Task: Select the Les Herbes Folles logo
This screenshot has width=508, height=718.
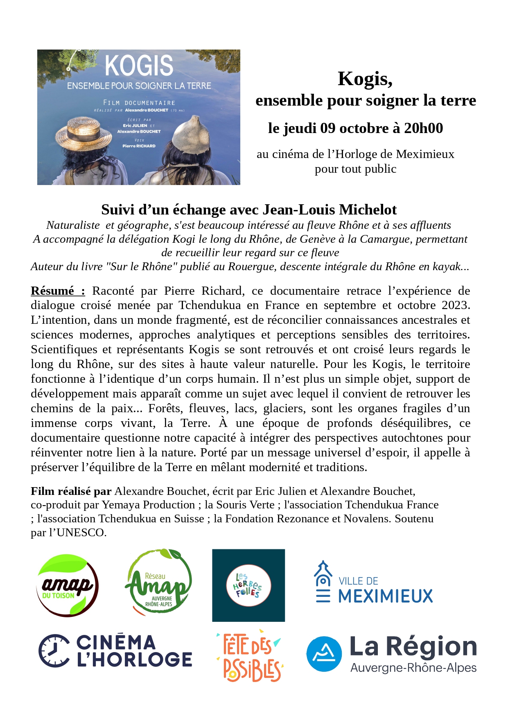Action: tap(248, 585)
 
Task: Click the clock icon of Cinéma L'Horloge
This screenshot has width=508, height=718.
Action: tap(54, 651)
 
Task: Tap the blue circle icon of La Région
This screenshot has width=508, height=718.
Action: tap(324, 654)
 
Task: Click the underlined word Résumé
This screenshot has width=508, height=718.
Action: tap(52, 291)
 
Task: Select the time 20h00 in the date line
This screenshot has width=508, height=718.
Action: tap(423, 128)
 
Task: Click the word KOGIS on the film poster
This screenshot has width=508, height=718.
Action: tap(139, 65)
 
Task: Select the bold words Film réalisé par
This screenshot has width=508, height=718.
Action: tap(71, 491)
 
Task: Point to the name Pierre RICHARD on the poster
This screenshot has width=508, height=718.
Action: tap(139, 146)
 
